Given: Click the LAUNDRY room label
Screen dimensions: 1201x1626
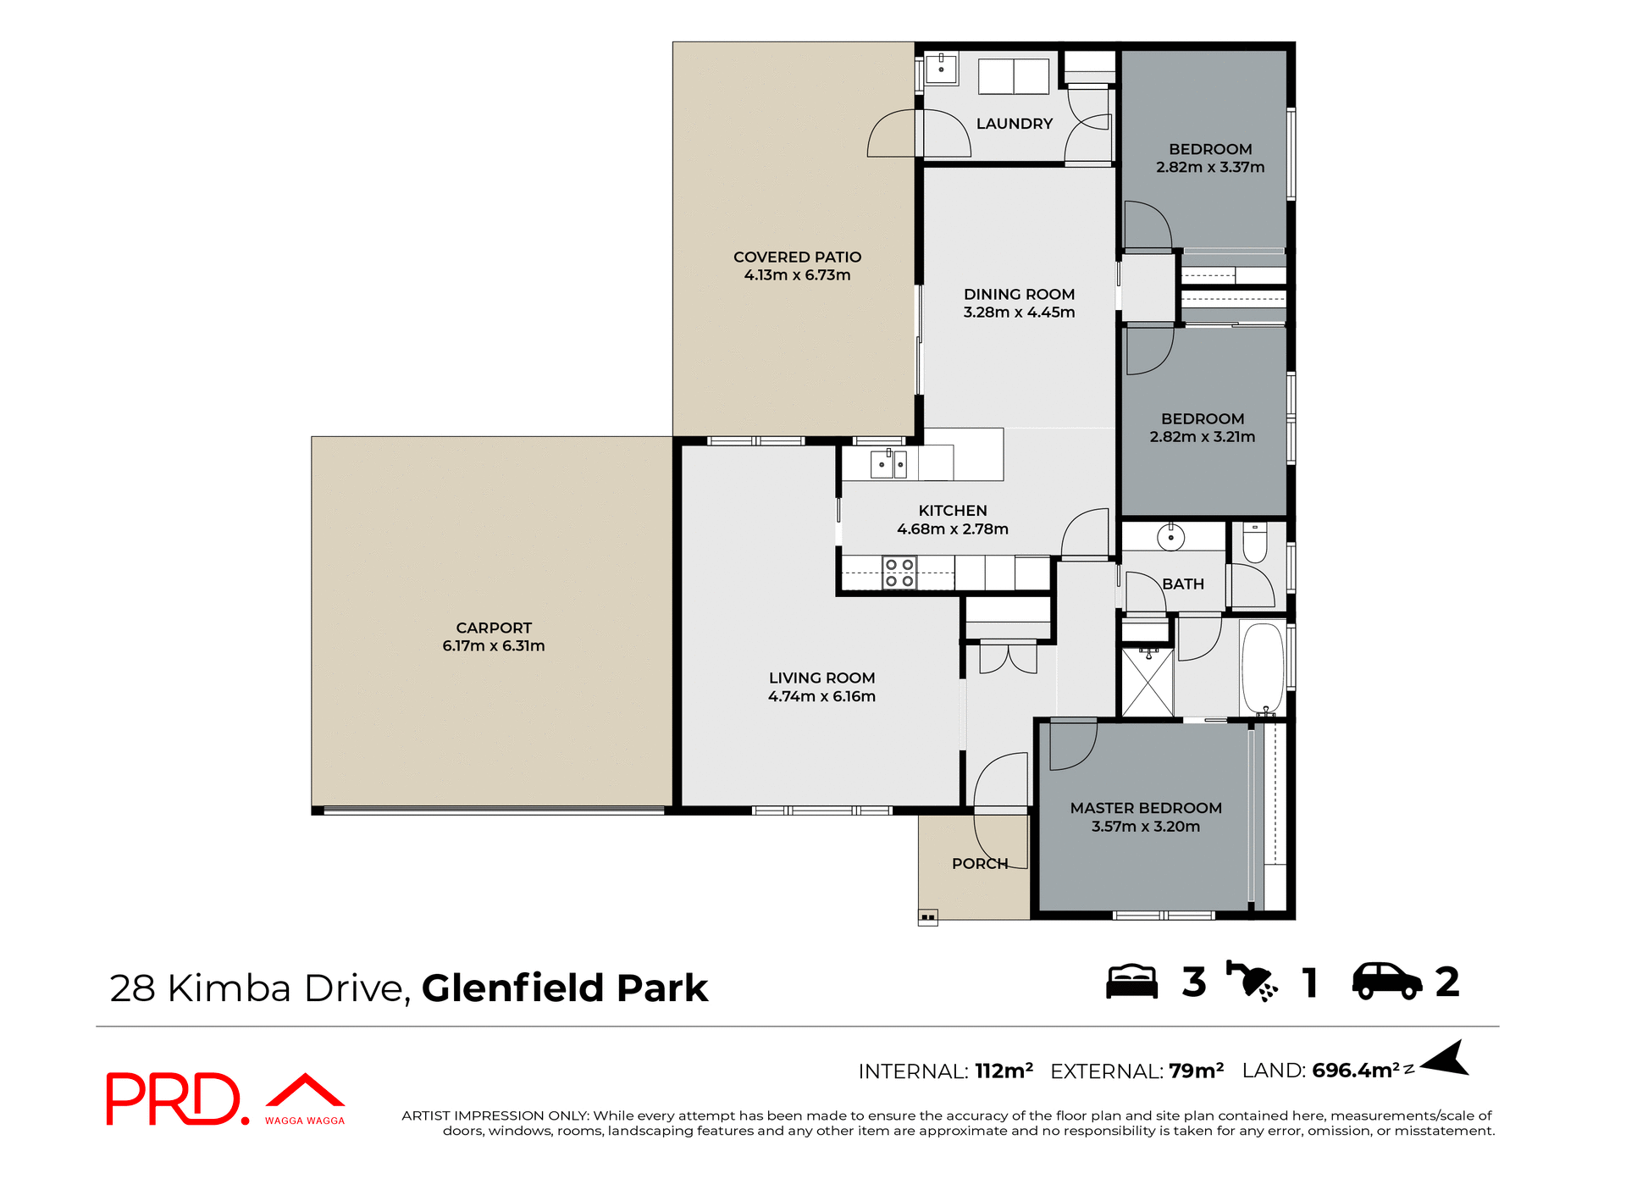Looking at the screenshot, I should point(1014,124).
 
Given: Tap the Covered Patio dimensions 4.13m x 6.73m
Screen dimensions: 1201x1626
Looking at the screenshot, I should point(797,275).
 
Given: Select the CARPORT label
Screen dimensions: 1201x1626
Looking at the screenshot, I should point(494,628).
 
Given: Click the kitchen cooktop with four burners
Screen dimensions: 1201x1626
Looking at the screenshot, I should point(899,573).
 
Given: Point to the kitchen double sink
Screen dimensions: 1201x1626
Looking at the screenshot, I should point(888,464).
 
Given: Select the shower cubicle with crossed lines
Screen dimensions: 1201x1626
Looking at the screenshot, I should point(1148,683).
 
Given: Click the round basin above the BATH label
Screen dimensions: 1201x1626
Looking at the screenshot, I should point(1170,537).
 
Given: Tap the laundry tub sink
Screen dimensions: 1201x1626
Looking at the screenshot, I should point(941,69).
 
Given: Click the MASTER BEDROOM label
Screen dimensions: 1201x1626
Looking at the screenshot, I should point(1146,808).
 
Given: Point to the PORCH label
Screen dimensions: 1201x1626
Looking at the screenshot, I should point(980,864).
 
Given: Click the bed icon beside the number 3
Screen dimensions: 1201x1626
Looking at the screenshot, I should point(1131,982).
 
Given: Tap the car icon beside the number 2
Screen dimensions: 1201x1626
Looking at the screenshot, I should point(1386,982).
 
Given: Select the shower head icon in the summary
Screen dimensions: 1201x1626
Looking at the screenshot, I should point(1252,982).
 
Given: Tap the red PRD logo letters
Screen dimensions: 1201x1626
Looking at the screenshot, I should point(174,1099).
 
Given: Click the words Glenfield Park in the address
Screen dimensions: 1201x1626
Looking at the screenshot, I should point(565,988).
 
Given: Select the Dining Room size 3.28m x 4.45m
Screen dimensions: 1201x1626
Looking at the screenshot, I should point(1019,313).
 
